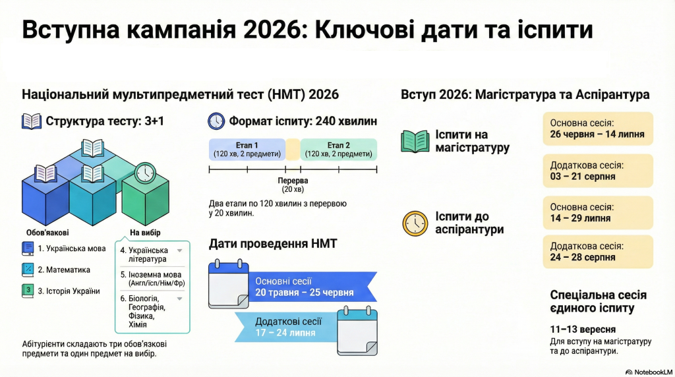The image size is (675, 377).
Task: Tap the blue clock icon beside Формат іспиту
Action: (x=216, y=121)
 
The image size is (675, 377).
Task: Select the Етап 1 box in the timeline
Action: (x=247, y=150)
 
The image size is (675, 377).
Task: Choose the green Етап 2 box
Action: (x=338, y=150)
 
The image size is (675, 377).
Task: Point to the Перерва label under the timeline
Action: (x=293, y=181)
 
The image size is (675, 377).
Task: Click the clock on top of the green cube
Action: (x=145, y=173)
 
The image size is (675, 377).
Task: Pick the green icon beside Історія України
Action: (x=28, y=291)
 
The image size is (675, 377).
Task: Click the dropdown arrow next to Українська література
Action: (x=179, y=250)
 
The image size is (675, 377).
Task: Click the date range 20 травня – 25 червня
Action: (x=305, y=293)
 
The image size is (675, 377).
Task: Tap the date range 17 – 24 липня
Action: (x=285, y=333)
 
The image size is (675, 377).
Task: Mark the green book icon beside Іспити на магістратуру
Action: (x=415, y=141)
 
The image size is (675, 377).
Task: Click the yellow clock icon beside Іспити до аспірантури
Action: (x=415, y=223)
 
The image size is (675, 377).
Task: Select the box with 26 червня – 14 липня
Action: (x=598, y=129)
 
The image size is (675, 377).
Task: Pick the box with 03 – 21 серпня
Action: (x=598, y=171)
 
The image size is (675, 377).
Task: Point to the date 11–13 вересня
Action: (x=583, y=330)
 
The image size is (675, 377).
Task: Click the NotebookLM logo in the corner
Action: (x=649, y=372)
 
